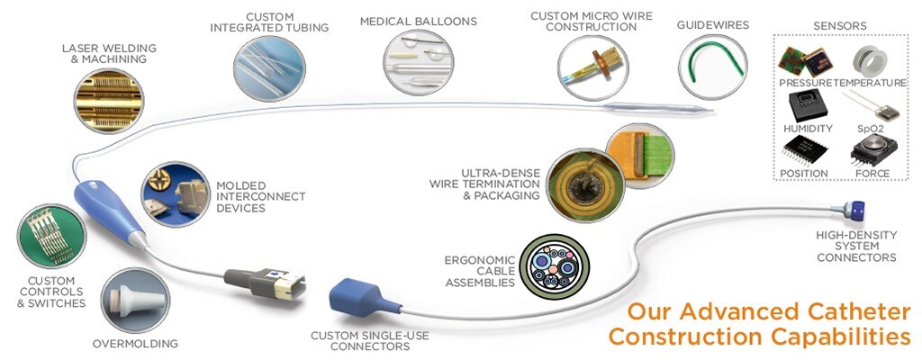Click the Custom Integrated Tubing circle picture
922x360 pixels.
point(267,67)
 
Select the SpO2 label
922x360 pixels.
point(871,129)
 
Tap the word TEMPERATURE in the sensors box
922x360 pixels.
point(872,83)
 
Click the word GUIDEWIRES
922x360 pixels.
point(713,26)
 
